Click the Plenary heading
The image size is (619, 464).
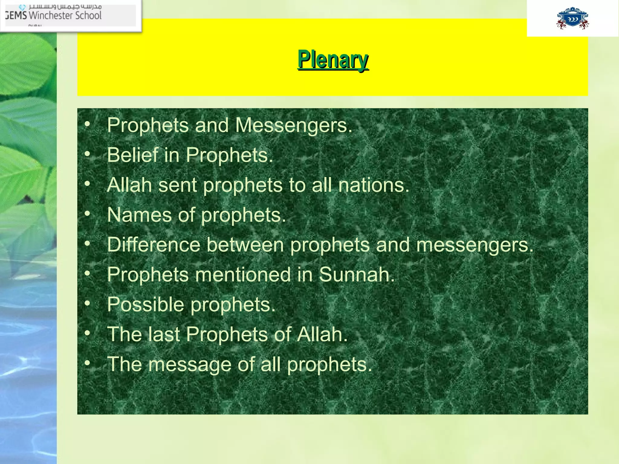(333, 60)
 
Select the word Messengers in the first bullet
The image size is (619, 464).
(293, 125)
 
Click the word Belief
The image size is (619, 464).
(132, 155)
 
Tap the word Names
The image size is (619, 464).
(139, 215)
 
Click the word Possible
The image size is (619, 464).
(145, 304)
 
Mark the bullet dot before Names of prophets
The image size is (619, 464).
(87, 214)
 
